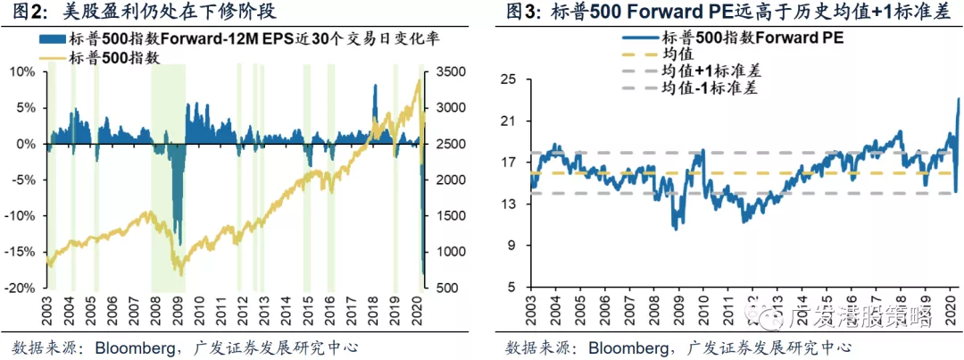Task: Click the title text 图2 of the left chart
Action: click(25, 13)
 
